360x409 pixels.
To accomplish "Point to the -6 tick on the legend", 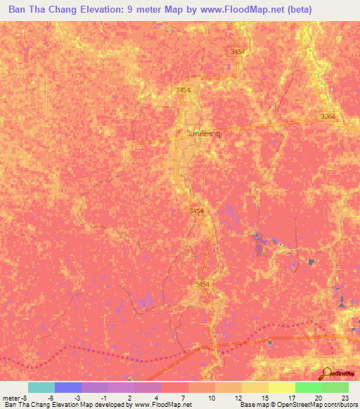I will (51, 398).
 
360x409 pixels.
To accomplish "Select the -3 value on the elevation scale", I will (77, 398).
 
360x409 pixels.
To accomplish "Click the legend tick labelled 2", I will (131, 398).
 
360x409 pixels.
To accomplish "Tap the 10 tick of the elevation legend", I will (211, 398).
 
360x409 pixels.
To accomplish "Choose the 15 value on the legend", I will (264, 398).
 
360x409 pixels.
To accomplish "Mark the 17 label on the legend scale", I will (291, 398).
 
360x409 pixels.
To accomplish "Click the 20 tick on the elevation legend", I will (318, 398).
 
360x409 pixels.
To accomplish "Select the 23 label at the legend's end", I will (344, 398).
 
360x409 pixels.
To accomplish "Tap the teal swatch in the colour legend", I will (41, 387).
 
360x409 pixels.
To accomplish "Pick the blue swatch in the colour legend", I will (68, 387).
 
